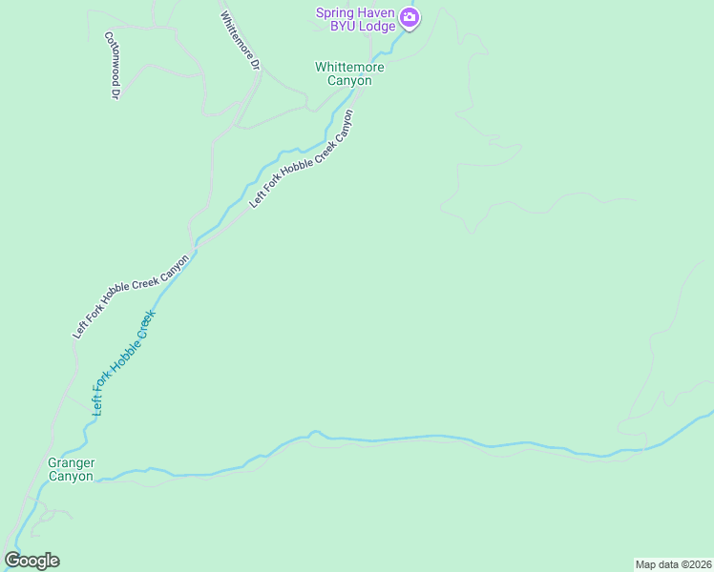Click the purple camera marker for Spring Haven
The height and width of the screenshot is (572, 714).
409,17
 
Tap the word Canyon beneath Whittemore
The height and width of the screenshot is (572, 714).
349,80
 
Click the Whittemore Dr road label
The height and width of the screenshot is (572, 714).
240,41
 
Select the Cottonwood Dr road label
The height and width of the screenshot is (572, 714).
112,65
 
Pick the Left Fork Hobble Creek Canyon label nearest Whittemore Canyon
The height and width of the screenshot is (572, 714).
301,159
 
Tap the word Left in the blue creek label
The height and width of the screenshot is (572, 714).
97,403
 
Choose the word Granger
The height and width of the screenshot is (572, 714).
72,463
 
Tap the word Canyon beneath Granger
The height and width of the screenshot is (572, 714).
72,477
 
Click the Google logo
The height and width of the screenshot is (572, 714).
31,561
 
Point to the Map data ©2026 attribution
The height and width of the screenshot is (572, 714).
672,564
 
